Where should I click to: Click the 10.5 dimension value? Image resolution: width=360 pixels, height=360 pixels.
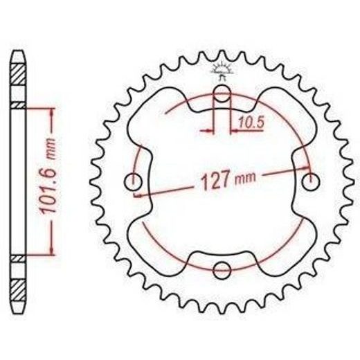(251, 123)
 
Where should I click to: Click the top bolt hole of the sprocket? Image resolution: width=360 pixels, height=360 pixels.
(222, 93)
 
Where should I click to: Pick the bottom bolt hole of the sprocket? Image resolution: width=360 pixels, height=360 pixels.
(222, 270)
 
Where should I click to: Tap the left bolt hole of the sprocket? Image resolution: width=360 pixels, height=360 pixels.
(133, 182)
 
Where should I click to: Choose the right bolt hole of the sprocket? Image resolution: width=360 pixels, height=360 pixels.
(311, 182)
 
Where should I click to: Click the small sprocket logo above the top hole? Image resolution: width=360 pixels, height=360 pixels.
(222, 71)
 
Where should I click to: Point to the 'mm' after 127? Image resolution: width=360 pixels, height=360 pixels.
(245, 178)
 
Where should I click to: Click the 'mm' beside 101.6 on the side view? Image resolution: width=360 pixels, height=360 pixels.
(51, 149)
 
